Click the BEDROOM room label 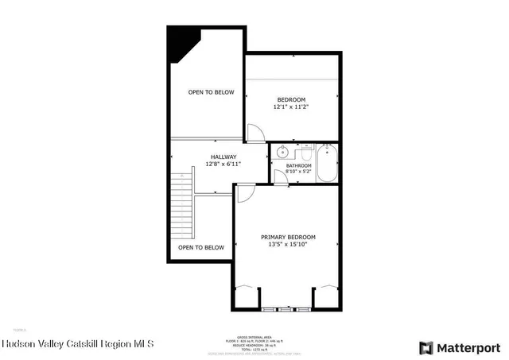click(290, 99)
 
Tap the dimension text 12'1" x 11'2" click(290, 106)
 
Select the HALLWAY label click(223, 157)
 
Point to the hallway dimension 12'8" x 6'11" click(223, 164)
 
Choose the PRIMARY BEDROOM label click(288, 238)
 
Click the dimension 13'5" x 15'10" click(288, 245)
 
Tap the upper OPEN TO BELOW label click(211, 92)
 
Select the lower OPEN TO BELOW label click(200, 247)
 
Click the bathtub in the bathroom click(327, 162)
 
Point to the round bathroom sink click(282, 153)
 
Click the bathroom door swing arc click(279, 176)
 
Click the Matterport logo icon click(426, 347)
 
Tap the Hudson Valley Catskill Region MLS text click(78, 345)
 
